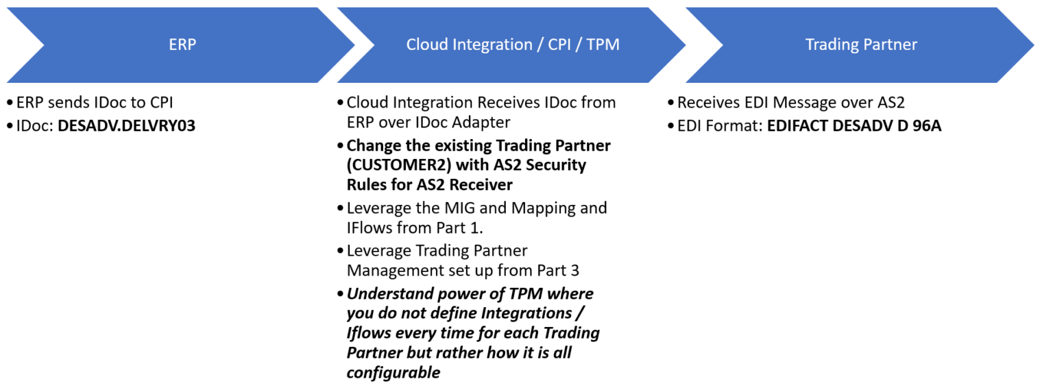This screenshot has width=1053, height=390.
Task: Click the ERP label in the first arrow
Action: coord(182,45)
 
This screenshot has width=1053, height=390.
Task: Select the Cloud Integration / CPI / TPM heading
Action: coord(513,45)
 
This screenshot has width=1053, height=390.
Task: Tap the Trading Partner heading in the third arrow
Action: coord(861,45)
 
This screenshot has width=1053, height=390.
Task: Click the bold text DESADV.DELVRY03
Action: coord(127,125)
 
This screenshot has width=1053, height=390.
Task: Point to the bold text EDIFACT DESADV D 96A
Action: coord(854,125)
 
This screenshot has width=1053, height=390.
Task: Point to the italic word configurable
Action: coord(393,373)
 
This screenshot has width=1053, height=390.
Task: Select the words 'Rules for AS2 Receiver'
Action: coord(429,184)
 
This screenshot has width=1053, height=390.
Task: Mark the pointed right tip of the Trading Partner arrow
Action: coord(1032,45)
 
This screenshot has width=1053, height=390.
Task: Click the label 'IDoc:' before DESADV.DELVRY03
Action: coord(36,125)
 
